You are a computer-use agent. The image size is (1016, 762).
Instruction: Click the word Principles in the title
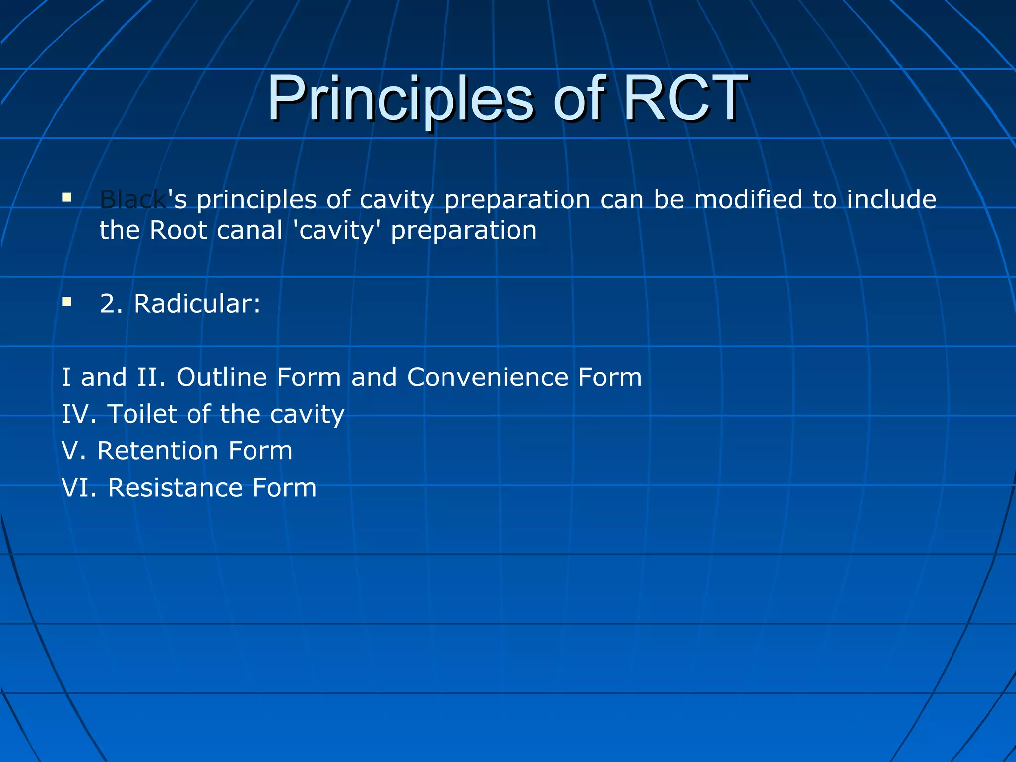tap(400, 99)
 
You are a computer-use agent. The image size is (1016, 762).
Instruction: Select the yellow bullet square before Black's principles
tap(67, 198)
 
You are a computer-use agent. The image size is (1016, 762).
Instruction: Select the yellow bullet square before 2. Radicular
tap(67, 302)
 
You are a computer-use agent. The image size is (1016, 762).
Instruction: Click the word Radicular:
tap(197, 303)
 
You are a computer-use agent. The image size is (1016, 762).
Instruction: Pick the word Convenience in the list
tap(487, 377)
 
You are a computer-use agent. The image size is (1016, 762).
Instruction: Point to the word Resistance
tap(175, 487)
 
